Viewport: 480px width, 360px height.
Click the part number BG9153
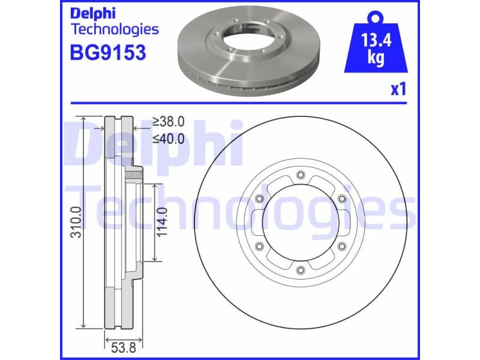click(109, 53)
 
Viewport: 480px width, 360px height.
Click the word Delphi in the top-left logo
click(95, 13)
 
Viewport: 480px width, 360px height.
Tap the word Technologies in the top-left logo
click(115, 29)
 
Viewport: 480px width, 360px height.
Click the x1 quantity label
click(398, 90)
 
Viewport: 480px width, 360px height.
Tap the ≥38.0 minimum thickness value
click(168, 122)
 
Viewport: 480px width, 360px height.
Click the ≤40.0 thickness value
click(168, 139)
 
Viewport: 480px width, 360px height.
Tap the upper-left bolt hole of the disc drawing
click(259, 199)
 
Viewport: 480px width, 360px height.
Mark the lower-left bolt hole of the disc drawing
click(259, 246)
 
